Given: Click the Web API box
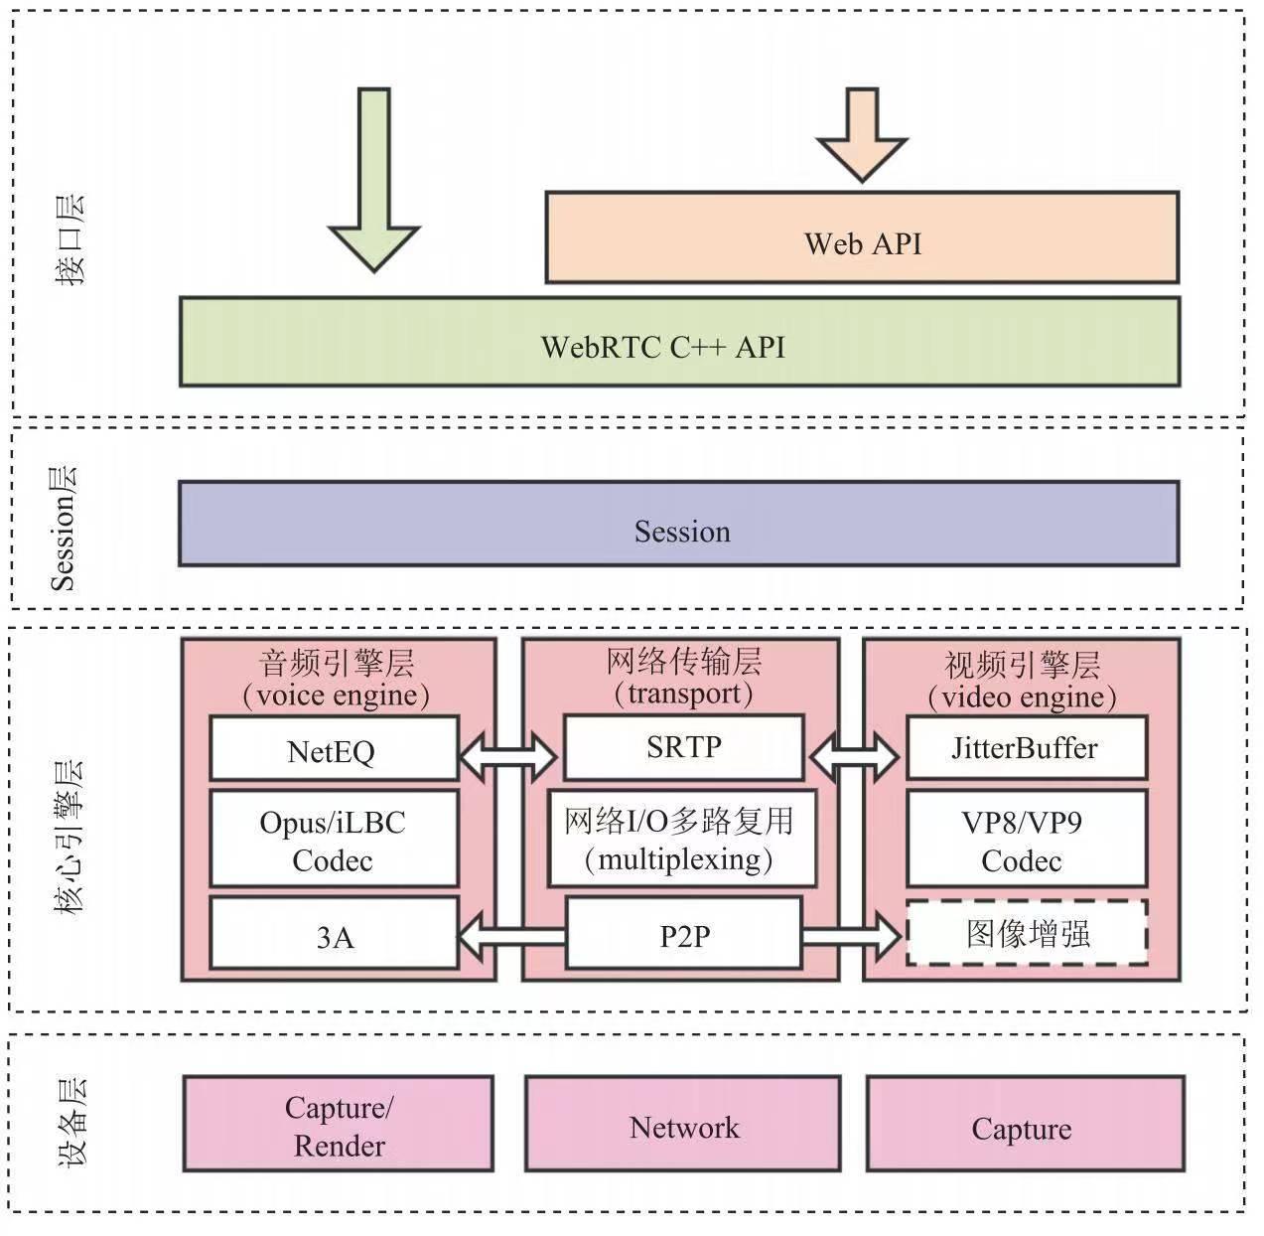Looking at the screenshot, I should click(862, 238).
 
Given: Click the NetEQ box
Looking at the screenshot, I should click(334, 749).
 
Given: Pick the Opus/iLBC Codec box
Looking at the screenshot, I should click(334, 840).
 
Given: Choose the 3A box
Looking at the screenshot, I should click(334, 934).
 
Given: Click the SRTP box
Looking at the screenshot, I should click(683, 747).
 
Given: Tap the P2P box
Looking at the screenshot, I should click(683, 934).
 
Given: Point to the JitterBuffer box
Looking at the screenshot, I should click(1026, 747).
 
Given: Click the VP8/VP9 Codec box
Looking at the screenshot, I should click(1026, 840).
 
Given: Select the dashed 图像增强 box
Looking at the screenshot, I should click(1028, 933).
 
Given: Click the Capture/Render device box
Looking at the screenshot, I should click(339, 1125).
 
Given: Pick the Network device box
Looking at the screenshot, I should click(683, 1126).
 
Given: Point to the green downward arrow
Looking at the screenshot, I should click(374, 179).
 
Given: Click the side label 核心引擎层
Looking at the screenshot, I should click(70, 836).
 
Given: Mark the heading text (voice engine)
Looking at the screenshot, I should click(337, 695).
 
